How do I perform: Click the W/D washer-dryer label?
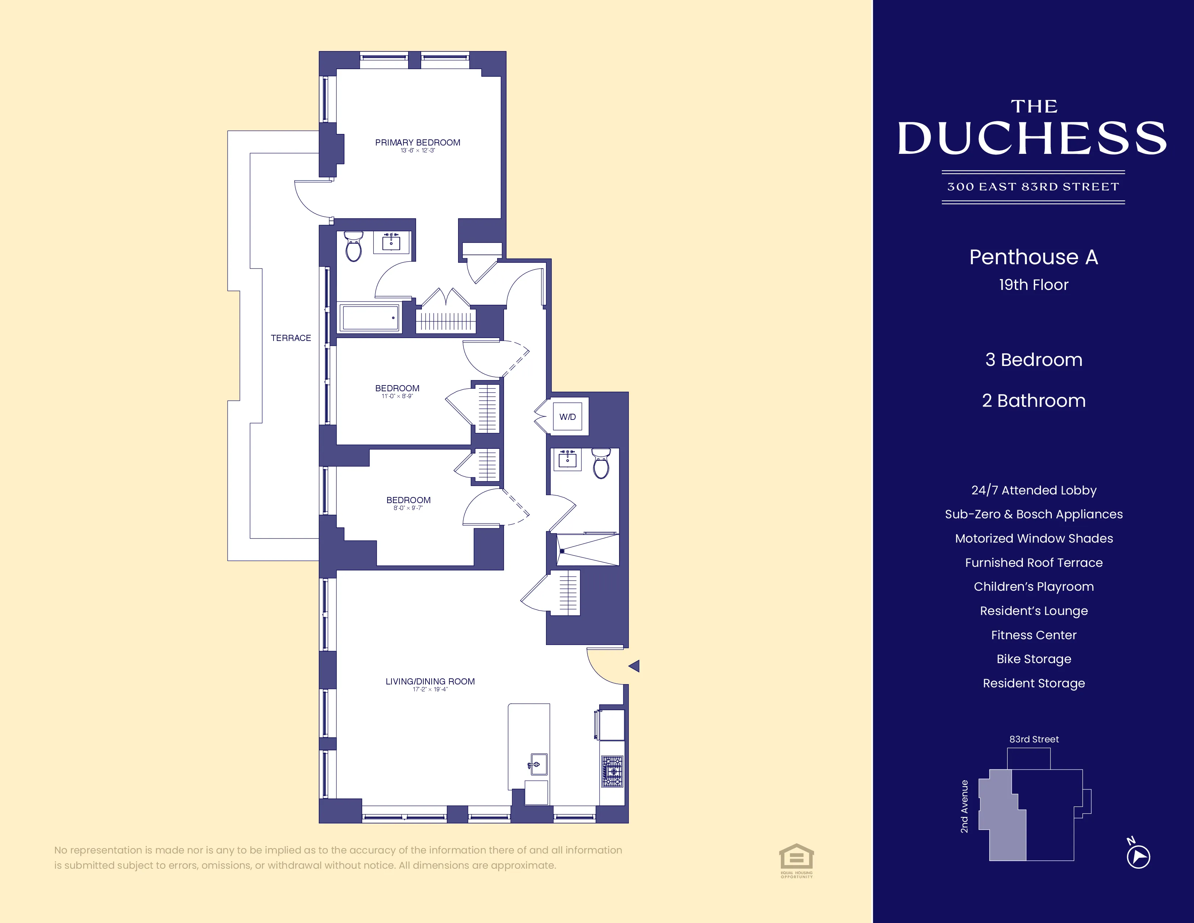point(567,417)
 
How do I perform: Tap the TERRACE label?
point(291,338)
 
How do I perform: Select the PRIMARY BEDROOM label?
point(418,142)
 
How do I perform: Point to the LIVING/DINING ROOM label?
point(430,681)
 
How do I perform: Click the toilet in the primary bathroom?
point(354,247)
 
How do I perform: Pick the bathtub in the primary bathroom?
point(369,318)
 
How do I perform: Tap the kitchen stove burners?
point(612,771)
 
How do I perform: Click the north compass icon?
point(1138,856)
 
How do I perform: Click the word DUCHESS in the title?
point(1032,138)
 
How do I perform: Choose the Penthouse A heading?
point(1033,257)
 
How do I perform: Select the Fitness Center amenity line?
point(1033,635)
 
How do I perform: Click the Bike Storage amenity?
point(1033,659)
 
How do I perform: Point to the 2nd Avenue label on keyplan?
point(964,806)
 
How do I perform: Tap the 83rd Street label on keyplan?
point(1034,739)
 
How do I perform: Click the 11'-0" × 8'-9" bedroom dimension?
point(397,396)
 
